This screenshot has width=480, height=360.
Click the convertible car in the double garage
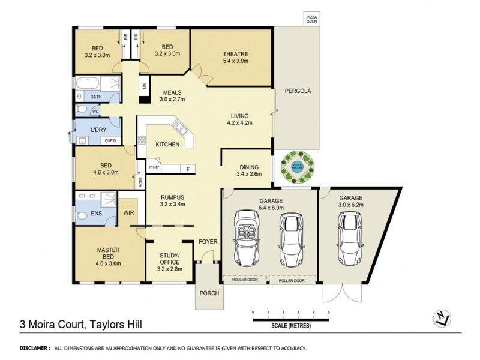pyautogui.click(x=246, y=238)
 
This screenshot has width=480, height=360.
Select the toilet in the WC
pyautogui.click(x=82, y=110)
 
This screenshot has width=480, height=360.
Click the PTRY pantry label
pyautogui.click(x=154, y=168)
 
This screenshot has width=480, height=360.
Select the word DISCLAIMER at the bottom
pyautogui.click(x=34, y=348)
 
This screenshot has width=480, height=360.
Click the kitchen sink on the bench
pyautogui.click(x=178, y=126)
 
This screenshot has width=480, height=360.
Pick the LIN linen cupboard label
pyautogui.click(x=145, y=85)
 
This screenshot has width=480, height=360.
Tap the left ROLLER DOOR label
pyautogui.click(x=245, y=280)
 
